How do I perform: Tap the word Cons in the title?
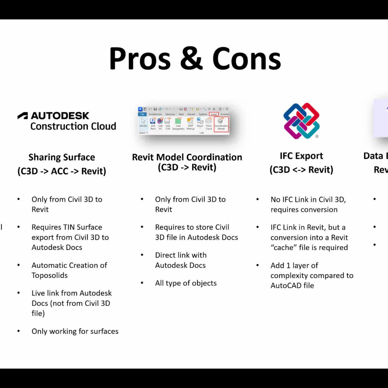click(247, 59)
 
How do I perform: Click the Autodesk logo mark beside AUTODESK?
click(23, 116)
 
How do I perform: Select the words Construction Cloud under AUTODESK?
click(73, 126)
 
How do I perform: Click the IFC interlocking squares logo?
click(302, 121)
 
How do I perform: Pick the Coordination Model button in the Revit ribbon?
click(221, 124)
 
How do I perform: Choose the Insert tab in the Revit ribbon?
click(214, 114)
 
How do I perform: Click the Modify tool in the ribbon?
click(144, 123)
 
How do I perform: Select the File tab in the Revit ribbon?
click(142, 114)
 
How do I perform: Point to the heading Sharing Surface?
click(62, 157)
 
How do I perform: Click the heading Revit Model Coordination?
click(187, 157)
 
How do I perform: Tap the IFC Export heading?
click(301, 156)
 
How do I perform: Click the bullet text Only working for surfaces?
click(75, 331)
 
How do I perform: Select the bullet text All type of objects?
click(186, 283)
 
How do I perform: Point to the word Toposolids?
click(50, 275)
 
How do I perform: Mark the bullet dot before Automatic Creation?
click(19, 265)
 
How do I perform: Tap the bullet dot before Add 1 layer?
click(258, 265)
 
